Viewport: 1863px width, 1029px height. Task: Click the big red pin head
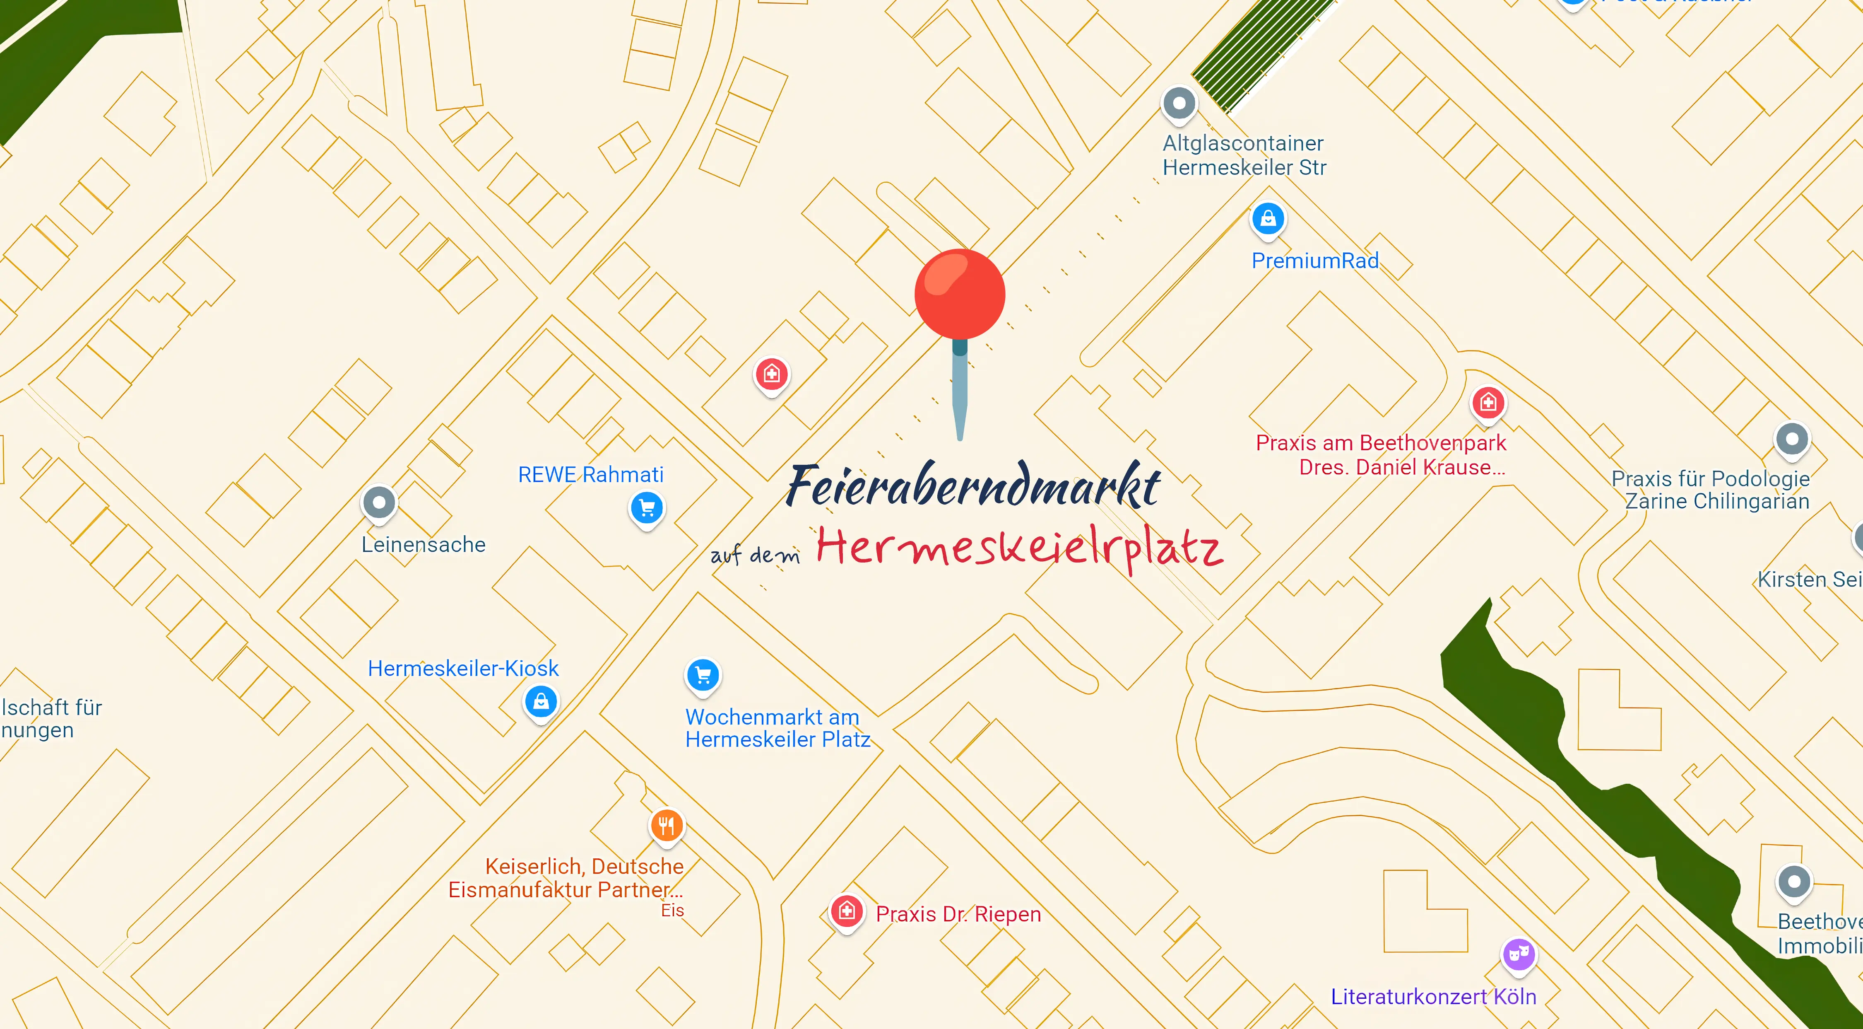pos(960,294)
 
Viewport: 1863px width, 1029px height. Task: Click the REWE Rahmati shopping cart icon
pos(647,507)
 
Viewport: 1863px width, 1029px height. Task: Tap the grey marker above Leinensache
pos(379,502)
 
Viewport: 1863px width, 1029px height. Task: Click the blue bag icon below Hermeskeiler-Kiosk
pos(541,701)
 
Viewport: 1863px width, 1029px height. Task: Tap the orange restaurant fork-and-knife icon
pos(666,825)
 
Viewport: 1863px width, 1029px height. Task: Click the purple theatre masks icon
pos(1519,954)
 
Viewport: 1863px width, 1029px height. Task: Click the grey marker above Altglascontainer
pos(1179,103)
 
